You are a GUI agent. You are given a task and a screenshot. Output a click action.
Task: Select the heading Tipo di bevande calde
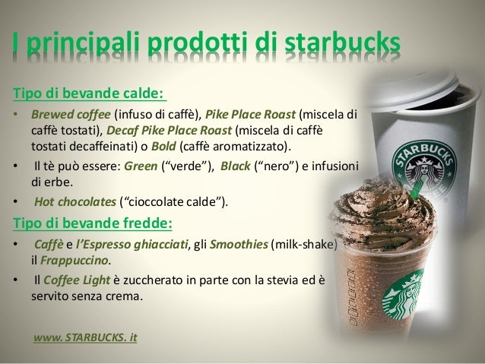(88, 94)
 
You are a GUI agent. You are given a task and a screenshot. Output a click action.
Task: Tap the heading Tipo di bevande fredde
(92, 223)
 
